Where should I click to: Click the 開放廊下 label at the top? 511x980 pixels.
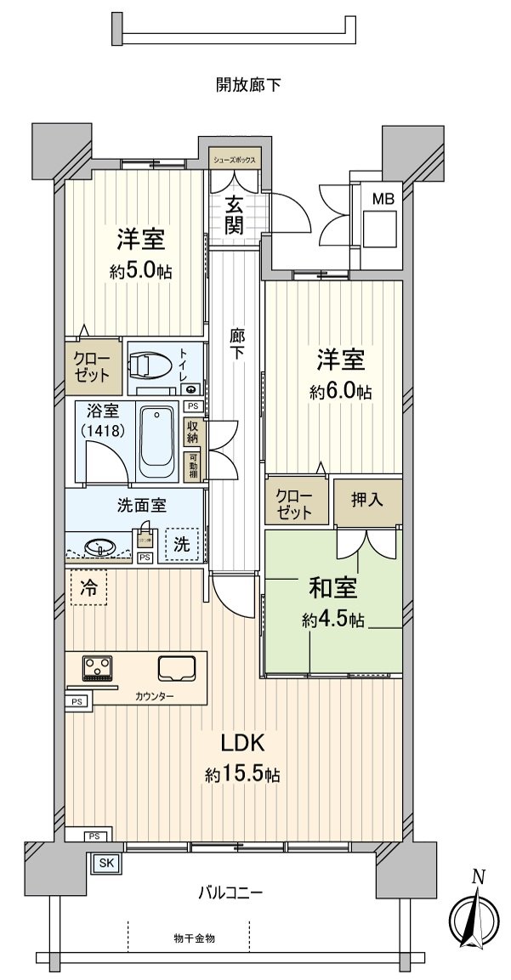tap(248, 84)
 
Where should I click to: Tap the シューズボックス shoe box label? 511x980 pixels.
tap(233, 159)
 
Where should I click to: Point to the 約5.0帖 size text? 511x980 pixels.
tap(141, 272)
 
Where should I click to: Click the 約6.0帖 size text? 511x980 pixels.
tap(341, 393)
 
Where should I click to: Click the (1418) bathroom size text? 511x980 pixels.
tap(105, 431)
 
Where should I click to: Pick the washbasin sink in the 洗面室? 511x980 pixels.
tap(99, 546)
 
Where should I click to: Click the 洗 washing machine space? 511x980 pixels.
tap(183, 543)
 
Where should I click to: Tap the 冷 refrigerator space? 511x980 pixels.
tap(88, 586)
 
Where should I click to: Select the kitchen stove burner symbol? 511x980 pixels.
tap(99, 668)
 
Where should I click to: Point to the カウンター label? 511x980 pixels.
tap(154, 697)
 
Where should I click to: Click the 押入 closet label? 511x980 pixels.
tap(367, 501)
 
